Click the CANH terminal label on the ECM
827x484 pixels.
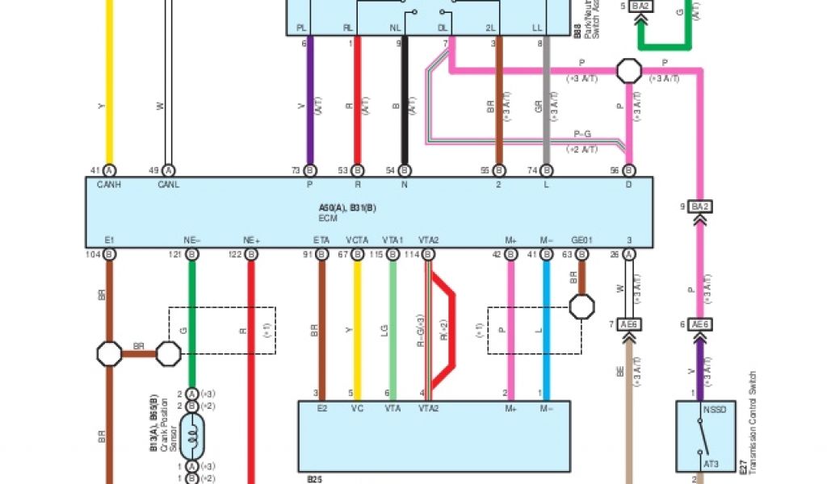pos(109,185)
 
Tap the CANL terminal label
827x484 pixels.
pos(168,185)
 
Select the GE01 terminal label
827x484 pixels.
pos(581,240)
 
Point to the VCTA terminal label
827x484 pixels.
pos(358,240)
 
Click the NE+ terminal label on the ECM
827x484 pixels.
pos(251,240)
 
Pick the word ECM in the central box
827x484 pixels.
pos(327,217)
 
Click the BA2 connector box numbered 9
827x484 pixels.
pos(699,207)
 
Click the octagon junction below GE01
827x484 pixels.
pos(581,306)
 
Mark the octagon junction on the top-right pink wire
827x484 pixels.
pos(629,70)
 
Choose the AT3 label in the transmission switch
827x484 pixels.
pos(710,464)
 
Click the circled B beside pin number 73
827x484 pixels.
pos(310,170)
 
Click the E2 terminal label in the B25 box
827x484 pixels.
pos(322,408)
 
